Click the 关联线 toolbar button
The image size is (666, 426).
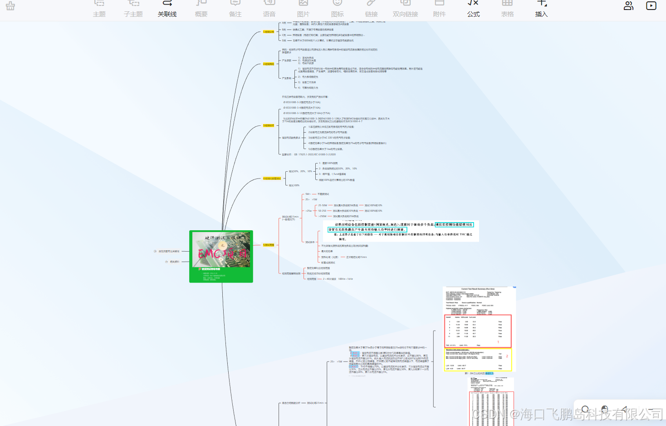pyautogui.click(x=167, y=9)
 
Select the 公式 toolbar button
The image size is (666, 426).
pyautogui.click(x=473, y=9)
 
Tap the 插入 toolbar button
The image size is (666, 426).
pyautogui.click(x=541, y=9)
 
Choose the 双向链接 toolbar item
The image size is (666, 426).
pyautogui.click(x=405, y=9)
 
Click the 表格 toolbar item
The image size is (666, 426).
pyautogui.click(x=507, y=9)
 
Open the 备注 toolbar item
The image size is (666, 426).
pyautogui.click(x=235, y=9)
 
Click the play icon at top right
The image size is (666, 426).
pyautogui.click(x=651, y=6)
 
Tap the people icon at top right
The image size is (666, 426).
pyautogui.click(x=628, y=6)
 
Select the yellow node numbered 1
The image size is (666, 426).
pyautogui.click(x=269, y=32)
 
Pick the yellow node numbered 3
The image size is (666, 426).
pyautogui.click(x=269, y=125)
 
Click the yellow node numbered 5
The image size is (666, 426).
pyautogui.click(x=269, y=245)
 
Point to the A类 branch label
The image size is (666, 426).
pyautogui.click(x=284, y=23)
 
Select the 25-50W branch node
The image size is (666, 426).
pyautogui.click(x=323, y=205)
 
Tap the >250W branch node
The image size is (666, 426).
pyautogui.click(x=323, y=216)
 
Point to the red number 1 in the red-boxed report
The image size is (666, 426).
pyautogui.click(x=498, y=342)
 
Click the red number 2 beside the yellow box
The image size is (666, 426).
pyautogui.click(x=507, y=356)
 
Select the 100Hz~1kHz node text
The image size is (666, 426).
pyautogui.click(x=345, y=279)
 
